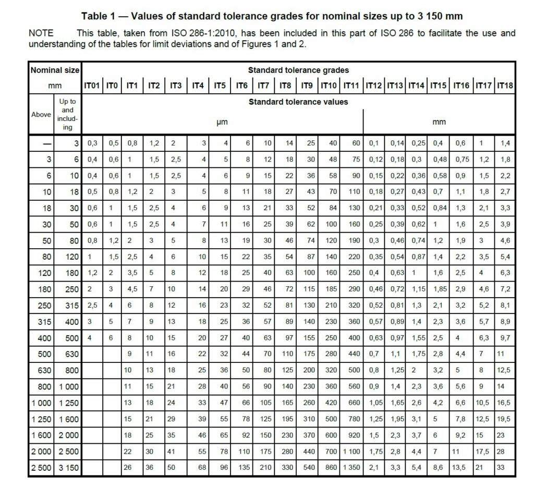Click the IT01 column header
coord(92,86)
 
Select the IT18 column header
coord(505,86)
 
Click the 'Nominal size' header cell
coord(55,70)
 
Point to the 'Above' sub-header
coord(41,114)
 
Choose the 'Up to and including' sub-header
coord(68,114)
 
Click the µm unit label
coord(222,123)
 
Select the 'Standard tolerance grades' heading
coord(298,70)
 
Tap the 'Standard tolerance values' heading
coord(298,102)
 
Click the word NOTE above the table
coord(41,33)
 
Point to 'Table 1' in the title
coord(98,16)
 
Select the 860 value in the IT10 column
coord(331,468)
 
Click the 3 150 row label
coord(68,468)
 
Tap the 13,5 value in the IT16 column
coord(462,468)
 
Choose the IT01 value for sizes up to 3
coord(92,142)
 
